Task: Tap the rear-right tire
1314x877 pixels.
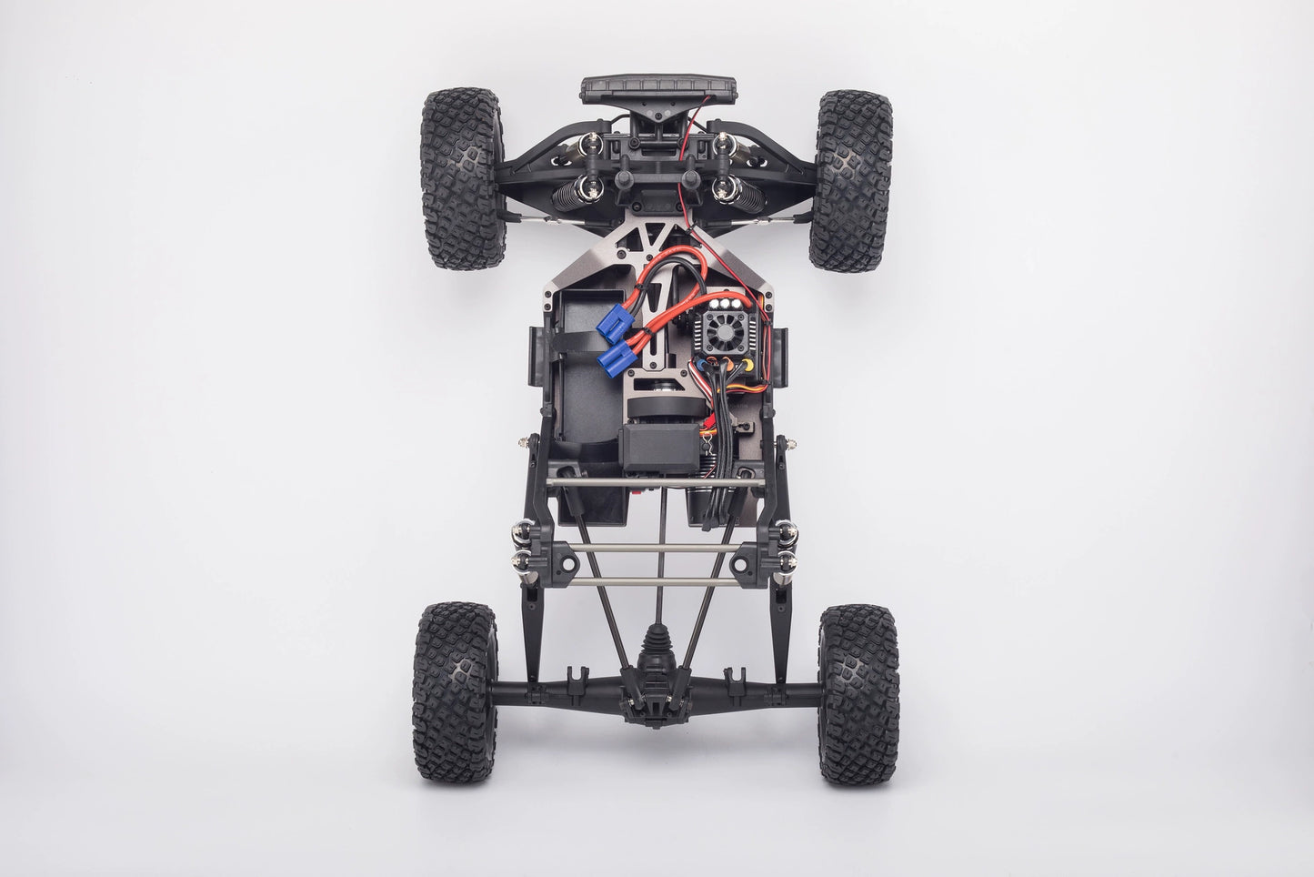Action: coord(859,694)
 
